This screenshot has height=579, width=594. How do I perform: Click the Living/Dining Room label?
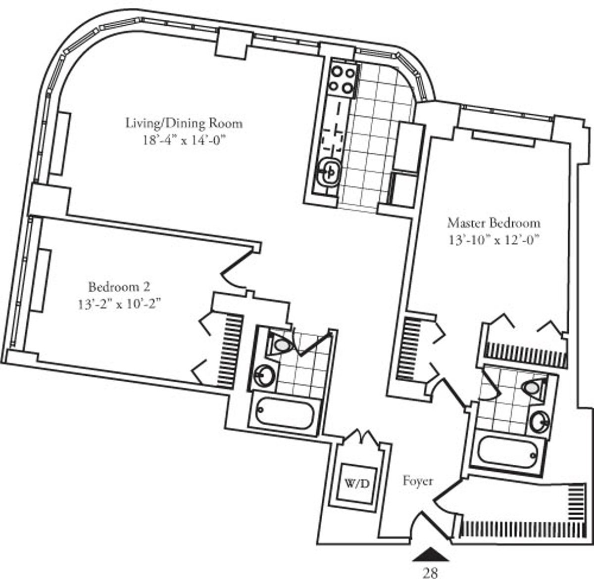184,124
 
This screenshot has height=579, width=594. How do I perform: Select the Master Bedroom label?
494,223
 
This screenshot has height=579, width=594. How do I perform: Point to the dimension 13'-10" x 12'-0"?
493,240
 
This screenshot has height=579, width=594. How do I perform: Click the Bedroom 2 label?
119,287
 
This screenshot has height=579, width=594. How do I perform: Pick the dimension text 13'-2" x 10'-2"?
119,304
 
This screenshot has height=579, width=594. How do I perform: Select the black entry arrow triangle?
431,554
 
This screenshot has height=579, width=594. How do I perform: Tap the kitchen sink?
328,172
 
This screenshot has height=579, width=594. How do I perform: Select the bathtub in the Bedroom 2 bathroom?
284,413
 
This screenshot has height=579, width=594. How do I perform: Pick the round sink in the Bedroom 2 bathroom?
263,374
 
